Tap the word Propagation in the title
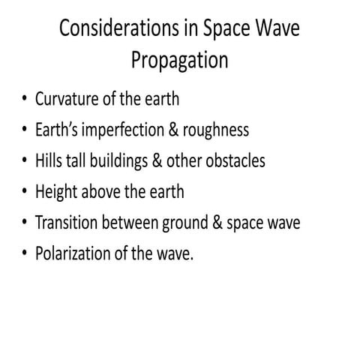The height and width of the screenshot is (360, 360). click(180, 60)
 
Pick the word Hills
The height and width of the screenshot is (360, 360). click(48, 160)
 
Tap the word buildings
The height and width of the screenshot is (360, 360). click(113, 160)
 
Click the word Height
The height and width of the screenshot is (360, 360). click(55, 191)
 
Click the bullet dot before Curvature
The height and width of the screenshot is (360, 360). click(24, 99)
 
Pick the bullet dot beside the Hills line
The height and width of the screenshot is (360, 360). click(24, 161)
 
